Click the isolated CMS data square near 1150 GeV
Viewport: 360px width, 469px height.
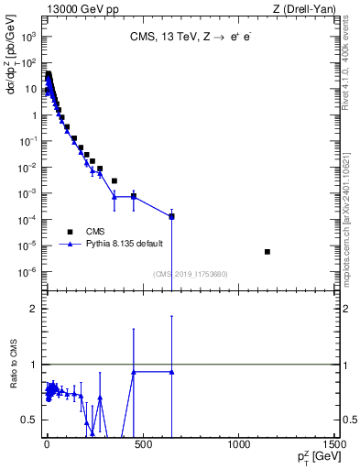pos(267,252)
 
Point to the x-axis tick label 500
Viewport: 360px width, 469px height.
pos(142,445)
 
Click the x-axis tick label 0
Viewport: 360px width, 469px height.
pos(46,445)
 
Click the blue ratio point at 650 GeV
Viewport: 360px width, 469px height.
pos(171,372)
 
